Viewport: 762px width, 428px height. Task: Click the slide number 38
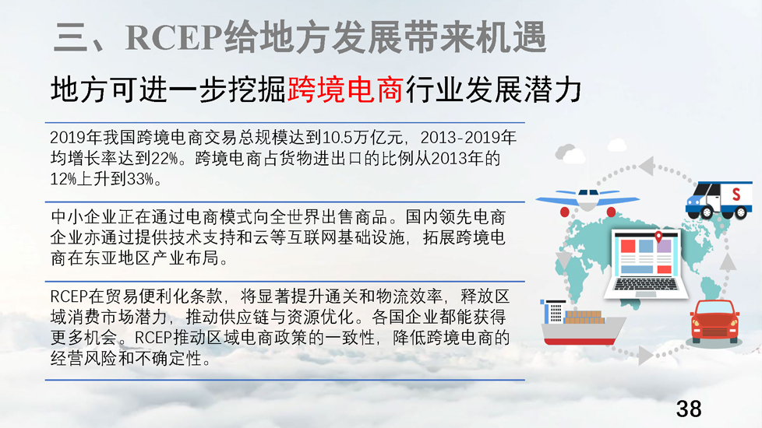[689, 409]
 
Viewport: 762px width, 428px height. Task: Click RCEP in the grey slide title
[174, 37]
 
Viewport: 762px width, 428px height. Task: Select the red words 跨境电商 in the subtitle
[345, 89]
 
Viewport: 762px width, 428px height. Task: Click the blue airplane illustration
[587, 201]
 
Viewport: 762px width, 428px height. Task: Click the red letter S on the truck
[736, 195]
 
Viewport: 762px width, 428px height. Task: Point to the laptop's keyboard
[645, 284]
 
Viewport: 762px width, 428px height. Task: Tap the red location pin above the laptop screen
[658, 237]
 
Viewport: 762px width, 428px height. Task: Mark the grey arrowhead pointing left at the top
[647, 166]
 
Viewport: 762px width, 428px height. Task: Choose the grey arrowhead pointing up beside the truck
[727, 262]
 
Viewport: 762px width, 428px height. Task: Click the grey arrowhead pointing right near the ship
[645, 355]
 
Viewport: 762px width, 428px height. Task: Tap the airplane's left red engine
[565, 212]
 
